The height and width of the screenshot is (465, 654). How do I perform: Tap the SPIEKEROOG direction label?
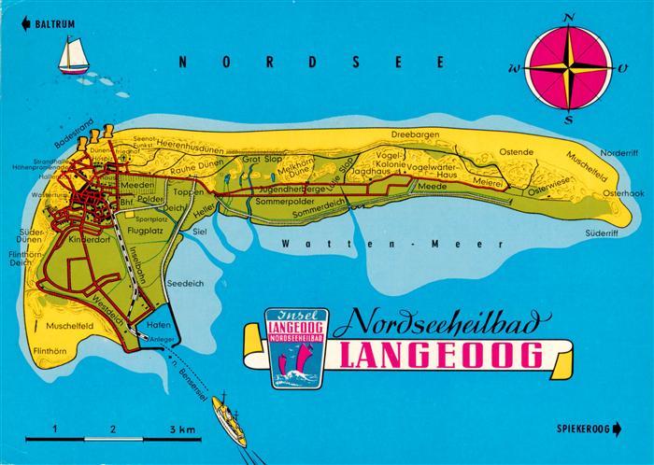pos(590,428)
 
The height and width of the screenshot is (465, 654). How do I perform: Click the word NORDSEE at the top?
pos(312,62)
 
